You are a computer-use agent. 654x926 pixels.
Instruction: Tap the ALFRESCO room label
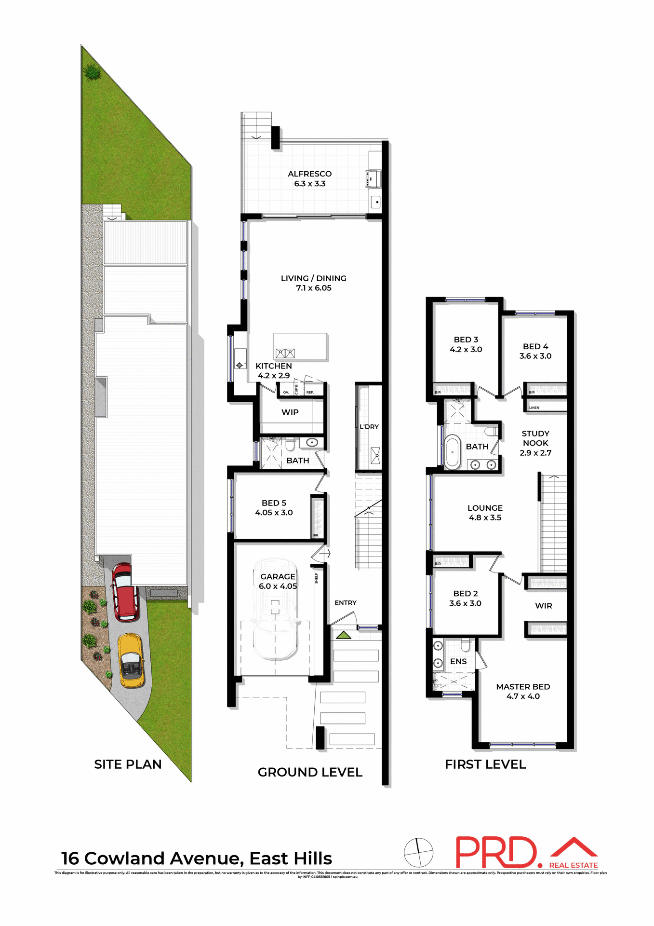click(x=309, y=174)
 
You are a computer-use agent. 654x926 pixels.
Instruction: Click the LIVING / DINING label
click(x=313, y=278)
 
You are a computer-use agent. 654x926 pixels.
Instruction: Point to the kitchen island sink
click(x=285, y=353)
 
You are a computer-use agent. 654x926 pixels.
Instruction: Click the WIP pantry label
click(x=290, y=412)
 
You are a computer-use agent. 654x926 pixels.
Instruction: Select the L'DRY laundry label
click(x=369, y=427)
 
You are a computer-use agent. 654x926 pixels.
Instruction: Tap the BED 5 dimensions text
click(x=274, y=513)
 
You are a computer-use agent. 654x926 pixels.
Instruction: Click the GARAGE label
click(x=278, y=577)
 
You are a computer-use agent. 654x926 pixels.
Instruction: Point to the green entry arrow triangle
click(x=343, y=635)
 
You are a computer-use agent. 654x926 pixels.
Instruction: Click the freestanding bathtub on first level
click(x=452, y=452)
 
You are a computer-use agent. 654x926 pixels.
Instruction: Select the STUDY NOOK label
click(x=535, y=438)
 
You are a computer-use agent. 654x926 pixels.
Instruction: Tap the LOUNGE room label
click(x=485, y=508)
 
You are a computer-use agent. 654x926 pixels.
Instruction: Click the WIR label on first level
click(x=544, y=606)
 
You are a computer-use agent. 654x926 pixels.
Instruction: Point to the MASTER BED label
click(x=523, y=687)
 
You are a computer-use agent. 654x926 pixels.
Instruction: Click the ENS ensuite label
click(x=458, y=662)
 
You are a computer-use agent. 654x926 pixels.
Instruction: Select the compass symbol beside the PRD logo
click(x=418, y=852)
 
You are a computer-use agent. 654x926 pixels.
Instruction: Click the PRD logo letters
click(x=496, y=853)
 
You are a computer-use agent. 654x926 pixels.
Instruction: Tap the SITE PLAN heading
click(x=128, y=764)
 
